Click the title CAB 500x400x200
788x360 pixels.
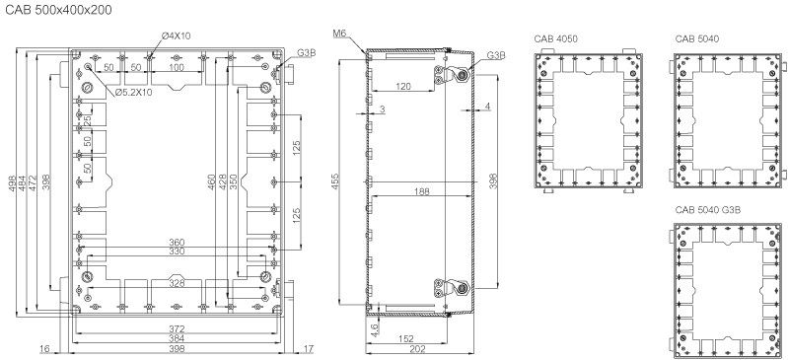tap(58, 10)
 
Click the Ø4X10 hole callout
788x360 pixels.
tap(177, 36)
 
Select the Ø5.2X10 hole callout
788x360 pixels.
tap(133, 92)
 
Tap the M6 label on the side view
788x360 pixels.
tap(338, 34)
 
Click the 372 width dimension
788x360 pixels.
tap(177, 328)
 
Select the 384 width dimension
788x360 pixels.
tap(177, 338)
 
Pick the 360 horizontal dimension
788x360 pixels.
tap(177, 243)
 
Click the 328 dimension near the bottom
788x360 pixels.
tap(177, 283)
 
